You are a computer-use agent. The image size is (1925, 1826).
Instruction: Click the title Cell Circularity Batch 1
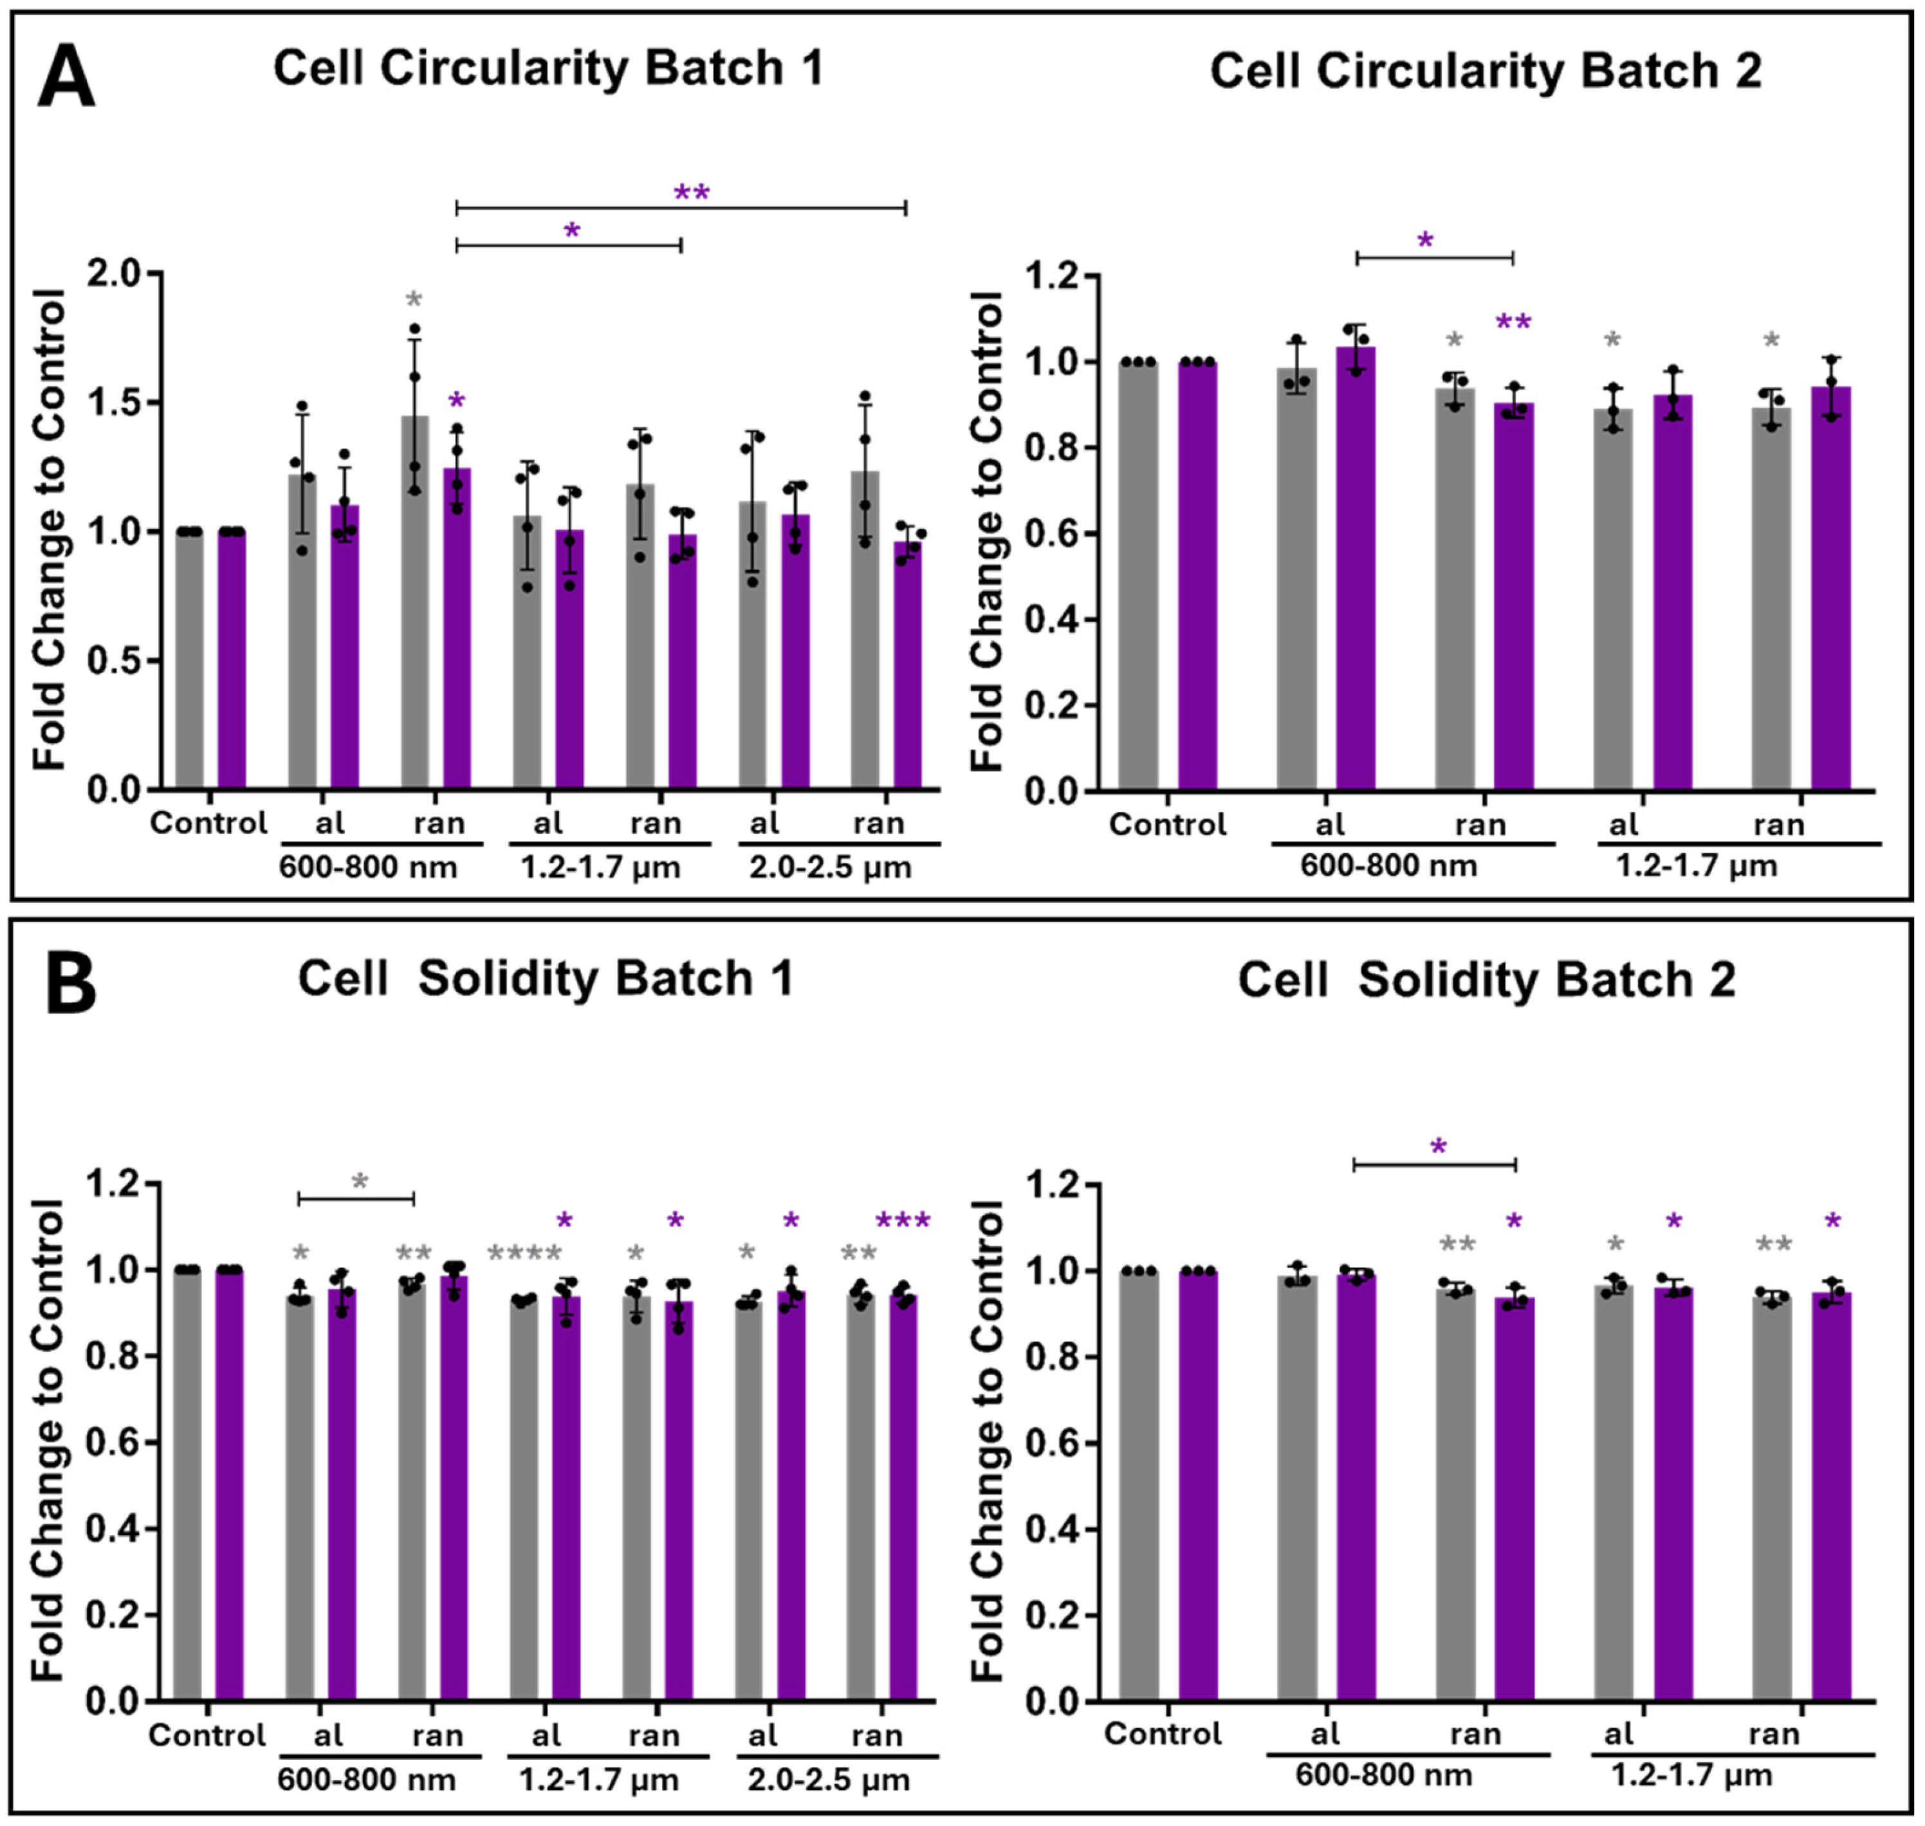click(x=548, y=69)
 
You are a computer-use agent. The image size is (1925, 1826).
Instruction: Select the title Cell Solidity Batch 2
click(x=1486, y=980)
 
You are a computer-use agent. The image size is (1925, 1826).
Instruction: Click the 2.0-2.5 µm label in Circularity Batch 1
click(x=830, y=867)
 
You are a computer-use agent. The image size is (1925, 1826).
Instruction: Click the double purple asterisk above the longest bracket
click(x=692, y=192)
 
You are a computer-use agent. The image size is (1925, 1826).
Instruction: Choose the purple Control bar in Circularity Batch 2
click(x=1197, y=575)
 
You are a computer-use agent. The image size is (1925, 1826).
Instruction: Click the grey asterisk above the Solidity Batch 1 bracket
click(x=360, y=1183)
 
